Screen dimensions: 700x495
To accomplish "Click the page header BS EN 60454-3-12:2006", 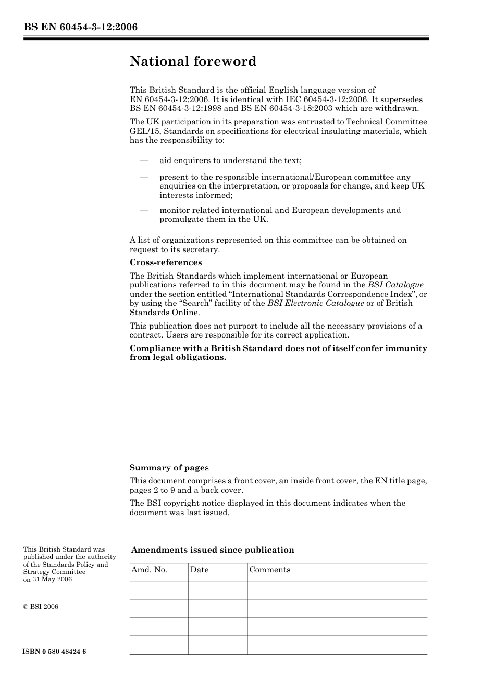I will point(80,27).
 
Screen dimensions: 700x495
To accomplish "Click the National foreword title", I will point(193,61).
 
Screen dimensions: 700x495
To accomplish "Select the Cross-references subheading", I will point(166,262).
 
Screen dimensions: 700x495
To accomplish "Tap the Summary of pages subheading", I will point(169,468).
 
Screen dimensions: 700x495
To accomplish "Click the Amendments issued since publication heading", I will point(213,550).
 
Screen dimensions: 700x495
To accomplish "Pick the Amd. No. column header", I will point(149,570).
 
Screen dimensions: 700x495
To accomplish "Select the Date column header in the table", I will point(199,570).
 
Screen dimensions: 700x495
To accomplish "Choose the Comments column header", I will point(269,570).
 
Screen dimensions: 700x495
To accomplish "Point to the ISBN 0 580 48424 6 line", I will point(55,652).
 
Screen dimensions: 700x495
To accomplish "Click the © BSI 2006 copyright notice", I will point(41,607).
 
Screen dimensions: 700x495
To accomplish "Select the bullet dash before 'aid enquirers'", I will point(144,160).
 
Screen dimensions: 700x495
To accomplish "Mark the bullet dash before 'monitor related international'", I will point(144,210).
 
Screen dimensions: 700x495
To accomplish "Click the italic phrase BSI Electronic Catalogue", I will point(315,303).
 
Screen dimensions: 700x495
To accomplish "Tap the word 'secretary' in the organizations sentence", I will point(201,249).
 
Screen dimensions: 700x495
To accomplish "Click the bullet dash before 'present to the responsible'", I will point(144,177).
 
